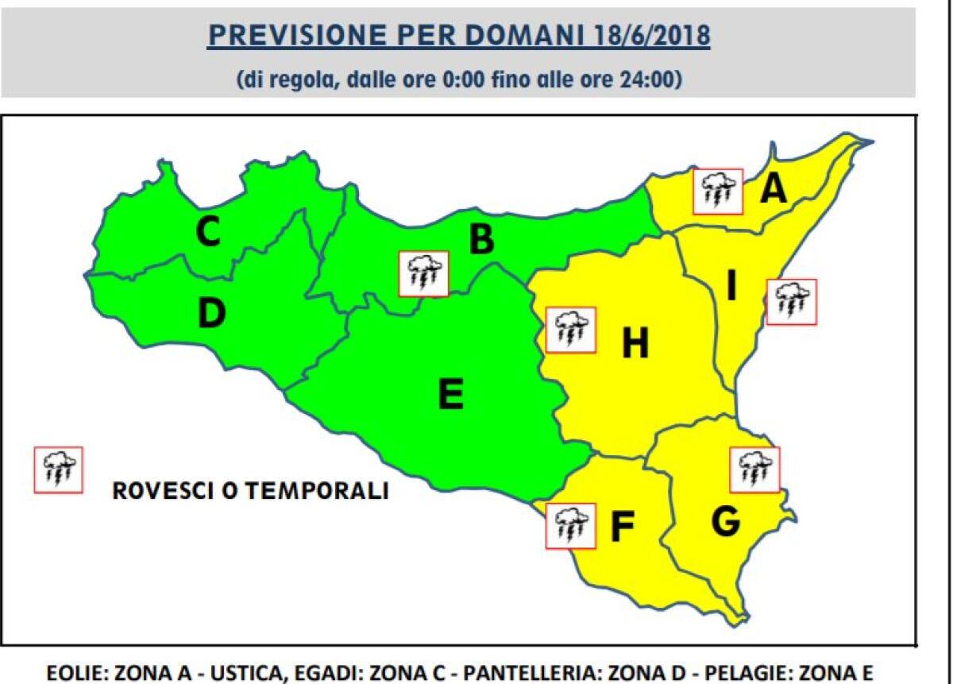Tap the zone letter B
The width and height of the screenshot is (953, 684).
[x=480, y=240]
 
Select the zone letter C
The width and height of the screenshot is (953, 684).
[x=208, y=232]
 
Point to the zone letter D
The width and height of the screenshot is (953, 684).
[x=211, y=314]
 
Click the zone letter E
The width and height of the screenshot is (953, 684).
[x=450, y=395]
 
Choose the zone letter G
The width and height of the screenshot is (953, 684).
[x=726, y=521]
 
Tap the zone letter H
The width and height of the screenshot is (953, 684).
[x=635, y=344]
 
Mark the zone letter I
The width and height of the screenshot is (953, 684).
[x=731, y=287]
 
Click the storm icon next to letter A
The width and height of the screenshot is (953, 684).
[x=717, y=191]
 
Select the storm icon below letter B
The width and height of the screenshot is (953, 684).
[x=424, y=274]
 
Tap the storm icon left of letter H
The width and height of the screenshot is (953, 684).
[x=569, y=330]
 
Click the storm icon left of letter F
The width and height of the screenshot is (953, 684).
[x=570, y=525]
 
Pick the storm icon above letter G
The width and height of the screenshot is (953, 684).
[x=754, y=470]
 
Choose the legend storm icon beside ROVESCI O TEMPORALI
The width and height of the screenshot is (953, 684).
[x=58, y=470]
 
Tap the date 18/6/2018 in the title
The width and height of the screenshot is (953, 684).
[x=650, y=37]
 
